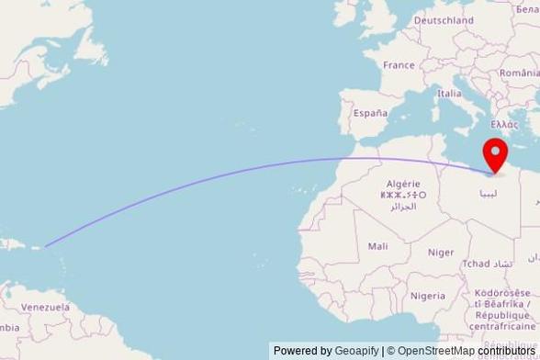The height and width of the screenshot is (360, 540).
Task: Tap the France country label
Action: pos(399,65)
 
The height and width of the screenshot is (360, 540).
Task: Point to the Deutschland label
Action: pos(443,19)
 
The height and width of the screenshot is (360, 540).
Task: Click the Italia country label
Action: pos(449,93)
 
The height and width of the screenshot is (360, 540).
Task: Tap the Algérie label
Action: pos(403,184)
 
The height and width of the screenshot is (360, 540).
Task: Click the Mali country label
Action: pos(377,246)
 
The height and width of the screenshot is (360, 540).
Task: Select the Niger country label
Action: pos(441,252)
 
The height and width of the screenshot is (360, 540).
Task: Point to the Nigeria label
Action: pos(428,296)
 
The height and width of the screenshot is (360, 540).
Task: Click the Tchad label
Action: pos(477,264)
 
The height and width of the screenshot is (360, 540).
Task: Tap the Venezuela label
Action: pos(45,307)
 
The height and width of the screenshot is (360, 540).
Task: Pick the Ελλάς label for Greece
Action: pos(505,123)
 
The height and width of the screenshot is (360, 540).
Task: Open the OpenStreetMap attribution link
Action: pos(434,351)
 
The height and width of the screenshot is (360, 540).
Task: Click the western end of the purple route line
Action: pos(46,245)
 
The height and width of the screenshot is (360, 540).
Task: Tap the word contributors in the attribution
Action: pos(504,351)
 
